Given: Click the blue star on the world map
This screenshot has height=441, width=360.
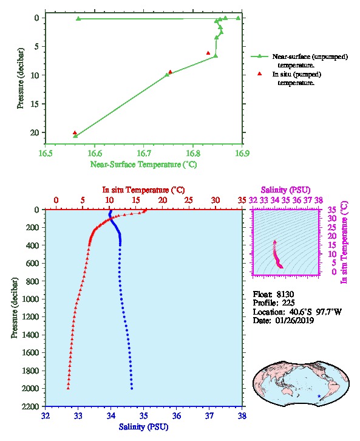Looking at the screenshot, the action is (319, 396).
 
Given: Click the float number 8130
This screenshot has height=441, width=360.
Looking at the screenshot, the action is (285, 294).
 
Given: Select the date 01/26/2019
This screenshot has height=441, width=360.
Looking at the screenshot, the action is (294, 320).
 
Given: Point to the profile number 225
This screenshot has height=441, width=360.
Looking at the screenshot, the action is (288, 303).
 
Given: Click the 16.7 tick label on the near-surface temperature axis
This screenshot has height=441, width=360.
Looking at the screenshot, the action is (144, 153).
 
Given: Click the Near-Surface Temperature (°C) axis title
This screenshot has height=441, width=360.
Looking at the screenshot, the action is (143, 165).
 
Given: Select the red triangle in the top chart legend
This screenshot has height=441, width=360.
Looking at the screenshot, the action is (260, 74).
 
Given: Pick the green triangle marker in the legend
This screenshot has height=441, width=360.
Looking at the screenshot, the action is (260, 56).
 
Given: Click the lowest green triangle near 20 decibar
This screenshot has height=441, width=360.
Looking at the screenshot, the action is (75, 136).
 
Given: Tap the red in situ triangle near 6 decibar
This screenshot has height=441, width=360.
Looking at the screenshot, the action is (208, 53).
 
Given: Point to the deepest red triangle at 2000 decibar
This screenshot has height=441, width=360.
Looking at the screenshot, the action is (68, 388).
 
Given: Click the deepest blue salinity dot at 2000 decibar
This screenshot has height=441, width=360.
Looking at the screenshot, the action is (132, 388).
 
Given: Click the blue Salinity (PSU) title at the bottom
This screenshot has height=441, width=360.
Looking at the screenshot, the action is (144, 427).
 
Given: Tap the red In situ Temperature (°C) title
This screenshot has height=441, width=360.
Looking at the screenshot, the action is (143, 190).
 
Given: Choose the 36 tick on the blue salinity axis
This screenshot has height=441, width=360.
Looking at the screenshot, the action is (177, 415).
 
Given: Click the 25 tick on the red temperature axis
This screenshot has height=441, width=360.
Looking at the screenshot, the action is (189, 200).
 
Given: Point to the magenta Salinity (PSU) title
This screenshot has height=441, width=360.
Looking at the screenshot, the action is (285, 190).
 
